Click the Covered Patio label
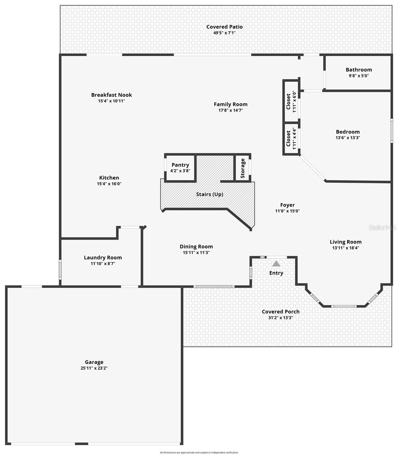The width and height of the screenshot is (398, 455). [x=224, y=27]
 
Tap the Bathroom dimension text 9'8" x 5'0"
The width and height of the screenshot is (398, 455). [x=359, y=75]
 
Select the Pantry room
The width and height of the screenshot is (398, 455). [x=180, y=168]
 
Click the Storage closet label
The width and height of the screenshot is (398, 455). [x=242, y=168]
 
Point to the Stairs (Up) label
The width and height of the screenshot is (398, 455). [x=209, y=194]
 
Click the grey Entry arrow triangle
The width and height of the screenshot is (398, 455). [x=276, y=263]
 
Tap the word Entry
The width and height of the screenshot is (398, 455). [x=276, y=273]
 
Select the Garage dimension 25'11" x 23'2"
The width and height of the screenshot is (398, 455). [x=94, y=367]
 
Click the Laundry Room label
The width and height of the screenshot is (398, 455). [x=103, y=257]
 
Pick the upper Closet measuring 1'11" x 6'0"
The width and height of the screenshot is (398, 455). [x=291, y=101]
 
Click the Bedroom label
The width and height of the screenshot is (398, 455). [x=348, y=132]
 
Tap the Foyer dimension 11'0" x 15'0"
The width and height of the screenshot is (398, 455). [x=287, y=211]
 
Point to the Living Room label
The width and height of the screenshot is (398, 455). [x=345, y=242]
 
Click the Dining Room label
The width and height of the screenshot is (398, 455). [x=196, y=246]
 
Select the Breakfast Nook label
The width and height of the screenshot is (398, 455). [x=112, y=95]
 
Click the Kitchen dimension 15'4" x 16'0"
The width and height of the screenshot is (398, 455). [x=109, y=184]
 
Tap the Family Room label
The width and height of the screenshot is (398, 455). [x=230, y=104]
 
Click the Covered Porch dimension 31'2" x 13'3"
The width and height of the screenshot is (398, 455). [x=280, y=318]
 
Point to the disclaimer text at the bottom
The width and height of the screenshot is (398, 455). [x=199, y=452]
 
